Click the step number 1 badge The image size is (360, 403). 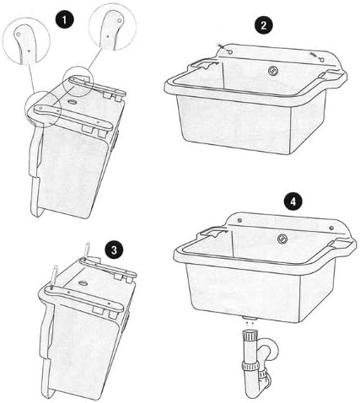[65, 20]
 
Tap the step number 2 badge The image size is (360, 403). [264, 25]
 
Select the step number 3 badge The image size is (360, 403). [114, 250]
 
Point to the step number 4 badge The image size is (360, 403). [293, 201]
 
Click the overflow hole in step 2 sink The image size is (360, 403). [272, 70]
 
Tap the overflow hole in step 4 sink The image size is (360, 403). [282, 239]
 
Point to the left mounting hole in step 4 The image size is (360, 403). [239, 220]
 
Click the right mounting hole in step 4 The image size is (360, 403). [331, 228]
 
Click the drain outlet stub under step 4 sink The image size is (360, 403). [250, 318]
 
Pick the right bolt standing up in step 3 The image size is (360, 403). [87, 250]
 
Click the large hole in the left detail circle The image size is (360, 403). [19, 34]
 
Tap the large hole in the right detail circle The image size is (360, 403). [120, 20]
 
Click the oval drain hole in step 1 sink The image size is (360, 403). [73, 102]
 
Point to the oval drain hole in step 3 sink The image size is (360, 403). [83, 282]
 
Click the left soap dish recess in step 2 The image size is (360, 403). [204, 64]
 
